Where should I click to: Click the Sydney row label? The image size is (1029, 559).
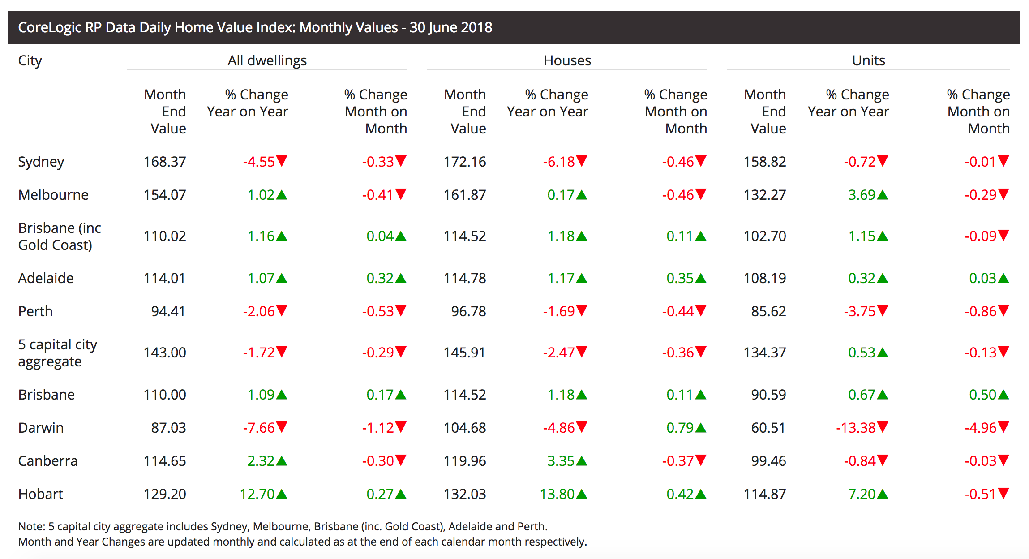pos(41,162)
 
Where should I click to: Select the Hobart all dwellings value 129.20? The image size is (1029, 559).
pos(164,494)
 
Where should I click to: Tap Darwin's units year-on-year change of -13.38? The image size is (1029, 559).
pos(855,428)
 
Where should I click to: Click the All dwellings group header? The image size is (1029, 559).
pos(267,60)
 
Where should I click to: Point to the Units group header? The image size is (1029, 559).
pos(868,60)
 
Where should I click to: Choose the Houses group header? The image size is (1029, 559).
pos(567,60)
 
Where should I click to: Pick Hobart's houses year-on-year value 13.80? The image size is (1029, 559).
pos(557,494)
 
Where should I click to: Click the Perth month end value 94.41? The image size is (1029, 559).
pos(168,311)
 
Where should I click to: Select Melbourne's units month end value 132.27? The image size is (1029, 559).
pos(764,195)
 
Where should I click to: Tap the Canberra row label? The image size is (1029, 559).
pos(47,461)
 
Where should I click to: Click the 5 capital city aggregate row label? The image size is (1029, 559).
pos(57,353)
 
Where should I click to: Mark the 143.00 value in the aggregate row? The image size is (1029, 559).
pos(164,353)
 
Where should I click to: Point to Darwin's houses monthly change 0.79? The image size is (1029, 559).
pos(680,428)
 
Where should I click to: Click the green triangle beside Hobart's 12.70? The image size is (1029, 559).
pos(282,494)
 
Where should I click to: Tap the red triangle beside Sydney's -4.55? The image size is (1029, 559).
pos(282,161)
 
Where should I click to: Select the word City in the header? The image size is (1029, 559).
pos(30,60)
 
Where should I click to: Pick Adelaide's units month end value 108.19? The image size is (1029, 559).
pos(764,278)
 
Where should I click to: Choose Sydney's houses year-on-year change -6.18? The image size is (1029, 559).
pos(558,162)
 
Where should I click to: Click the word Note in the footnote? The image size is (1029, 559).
pos(31,526)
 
